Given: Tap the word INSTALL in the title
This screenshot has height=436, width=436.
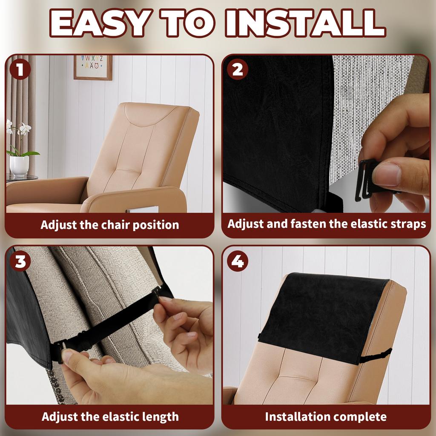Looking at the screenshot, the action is (305, 23).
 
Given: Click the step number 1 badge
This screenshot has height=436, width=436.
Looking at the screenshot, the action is (20, 69).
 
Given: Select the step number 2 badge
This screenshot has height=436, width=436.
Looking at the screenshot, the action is (238, 69).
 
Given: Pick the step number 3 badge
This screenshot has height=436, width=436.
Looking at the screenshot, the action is (20, 261).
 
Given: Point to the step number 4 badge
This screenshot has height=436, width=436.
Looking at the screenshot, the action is (238, 261).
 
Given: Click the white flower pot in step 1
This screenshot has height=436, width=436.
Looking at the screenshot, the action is (19, 166).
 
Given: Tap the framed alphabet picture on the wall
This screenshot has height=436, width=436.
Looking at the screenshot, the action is (93, 67).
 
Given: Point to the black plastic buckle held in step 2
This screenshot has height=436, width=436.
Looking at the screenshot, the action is (367, 180).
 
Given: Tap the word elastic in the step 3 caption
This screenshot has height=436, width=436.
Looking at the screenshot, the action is (121, 416).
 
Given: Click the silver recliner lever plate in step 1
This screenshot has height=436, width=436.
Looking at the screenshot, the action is (142, 209).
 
